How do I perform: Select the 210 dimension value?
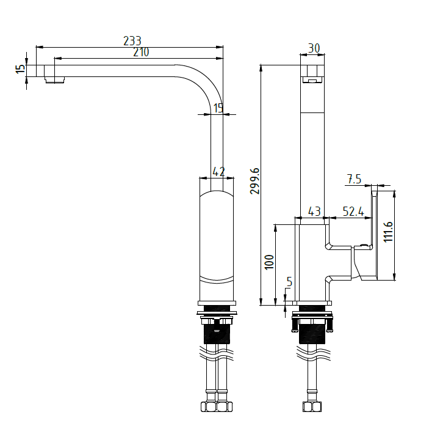(x=141, y=53)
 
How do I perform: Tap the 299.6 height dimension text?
(x=254, y=182)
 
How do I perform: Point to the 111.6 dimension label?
(x=388, y=232)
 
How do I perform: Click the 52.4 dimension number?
(x=353, y=211)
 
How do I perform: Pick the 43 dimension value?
(x=314, y=211)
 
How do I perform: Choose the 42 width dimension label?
(x=218, y=172)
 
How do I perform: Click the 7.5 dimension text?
(x=354, y=179)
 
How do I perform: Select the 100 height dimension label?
(x=269, y=262)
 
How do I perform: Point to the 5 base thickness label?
(x=289, y=282)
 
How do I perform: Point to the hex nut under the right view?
(x=312, y=407)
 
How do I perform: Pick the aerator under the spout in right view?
(x=312, y=80)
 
